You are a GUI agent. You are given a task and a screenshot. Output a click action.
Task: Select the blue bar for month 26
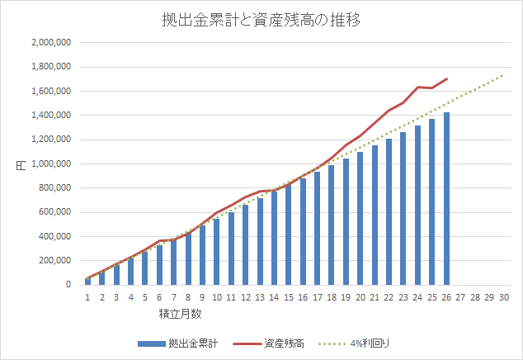(446, 198)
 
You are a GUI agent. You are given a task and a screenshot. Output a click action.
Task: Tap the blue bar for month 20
(360, 218)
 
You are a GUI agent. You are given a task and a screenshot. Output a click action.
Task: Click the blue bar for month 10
(216, 251)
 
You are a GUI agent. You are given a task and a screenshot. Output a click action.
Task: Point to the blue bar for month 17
(317, 228)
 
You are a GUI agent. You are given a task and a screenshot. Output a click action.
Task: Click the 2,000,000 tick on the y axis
(51, 42)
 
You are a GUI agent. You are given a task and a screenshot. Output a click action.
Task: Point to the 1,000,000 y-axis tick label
(51, 163)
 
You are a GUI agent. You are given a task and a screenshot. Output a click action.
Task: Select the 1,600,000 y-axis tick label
(51, 91)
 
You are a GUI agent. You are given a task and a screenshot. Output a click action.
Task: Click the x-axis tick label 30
(503, 297)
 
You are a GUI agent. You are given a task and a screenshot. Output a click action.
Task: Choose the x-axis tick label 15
(288, 297)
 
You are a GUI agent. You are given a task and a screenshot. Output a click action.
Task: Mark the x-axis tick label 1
(87, 297)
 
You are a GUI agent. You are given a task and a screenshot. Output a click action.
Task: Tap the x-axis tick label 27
(460, 297)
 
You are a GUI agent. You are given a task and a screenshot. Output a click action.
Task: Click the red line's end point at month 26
(446, 79)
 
